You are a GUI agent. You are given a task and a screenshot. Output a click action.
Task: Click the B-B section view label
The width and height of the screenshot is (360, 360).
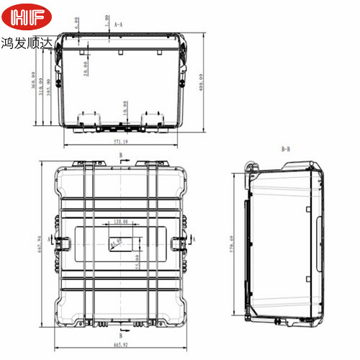285,149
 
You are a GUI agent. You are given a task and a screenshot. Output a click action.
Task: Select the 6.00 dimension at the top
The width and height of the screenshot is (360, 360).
77,23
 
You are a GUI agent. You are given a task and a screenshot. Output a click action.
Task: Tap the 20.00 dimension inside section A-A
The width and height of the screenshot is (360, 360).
85,68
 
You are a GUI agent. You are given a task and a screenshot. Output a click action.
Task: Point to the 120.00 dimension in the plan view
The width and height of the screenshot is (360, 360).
120,222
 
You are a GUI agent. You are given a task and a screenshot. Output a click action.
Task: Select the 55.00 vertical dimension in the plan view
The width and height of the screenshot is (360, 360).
136,259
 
